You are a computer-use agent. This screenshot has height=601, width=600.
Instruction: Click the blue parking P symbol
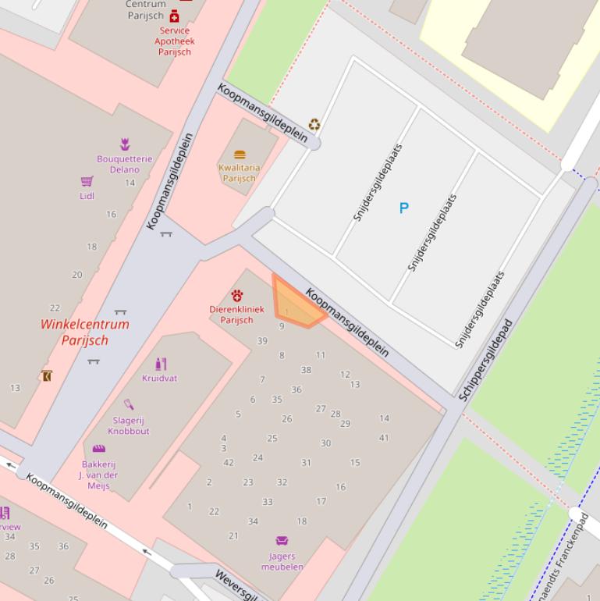403,208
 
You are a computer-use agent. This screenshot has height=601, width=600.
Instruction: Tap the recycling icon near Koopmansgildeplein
314,124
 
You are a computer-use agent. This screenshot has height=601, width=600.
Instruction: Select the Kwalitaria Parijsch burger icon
239,155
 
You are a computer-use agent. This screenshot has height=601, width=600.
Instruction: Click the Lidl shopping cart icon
87,182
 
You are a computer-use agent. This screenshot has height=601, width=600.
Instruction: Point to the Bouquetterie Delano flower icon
125,144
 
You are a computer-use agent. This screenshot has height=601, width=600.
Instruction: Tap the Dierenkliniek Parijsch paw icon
236,295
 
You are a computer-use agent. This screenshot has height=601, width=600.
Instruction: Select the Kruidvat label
159,378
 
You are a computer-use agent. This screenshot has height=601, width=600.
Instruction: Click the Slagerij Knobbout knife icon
129,404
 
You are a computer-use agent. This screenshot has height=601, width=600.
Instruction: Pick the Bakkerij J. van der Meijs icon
98,449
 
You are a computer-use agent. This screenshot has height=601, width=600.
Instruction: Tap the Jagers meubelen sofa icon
282,540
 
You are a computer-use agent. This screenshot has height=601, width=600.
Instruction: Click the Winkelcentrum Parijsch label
85,332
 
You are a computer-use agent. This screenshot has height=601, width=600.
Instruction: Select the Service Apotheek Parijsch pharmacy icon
174,16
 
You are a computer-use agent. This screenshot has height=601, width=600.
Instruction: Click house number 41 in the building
384,438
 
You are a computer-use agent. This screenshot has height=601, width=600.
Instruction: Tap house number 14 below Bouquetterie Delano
130,183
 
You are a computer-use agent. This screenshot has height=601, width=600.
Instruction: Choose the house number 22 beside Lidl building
55,308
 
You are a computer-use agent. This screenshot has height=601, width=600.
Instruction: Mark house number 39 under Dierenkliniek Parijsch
262,341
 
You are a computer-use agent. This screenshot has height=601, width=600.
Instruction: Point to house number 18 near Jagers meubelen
302,521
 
